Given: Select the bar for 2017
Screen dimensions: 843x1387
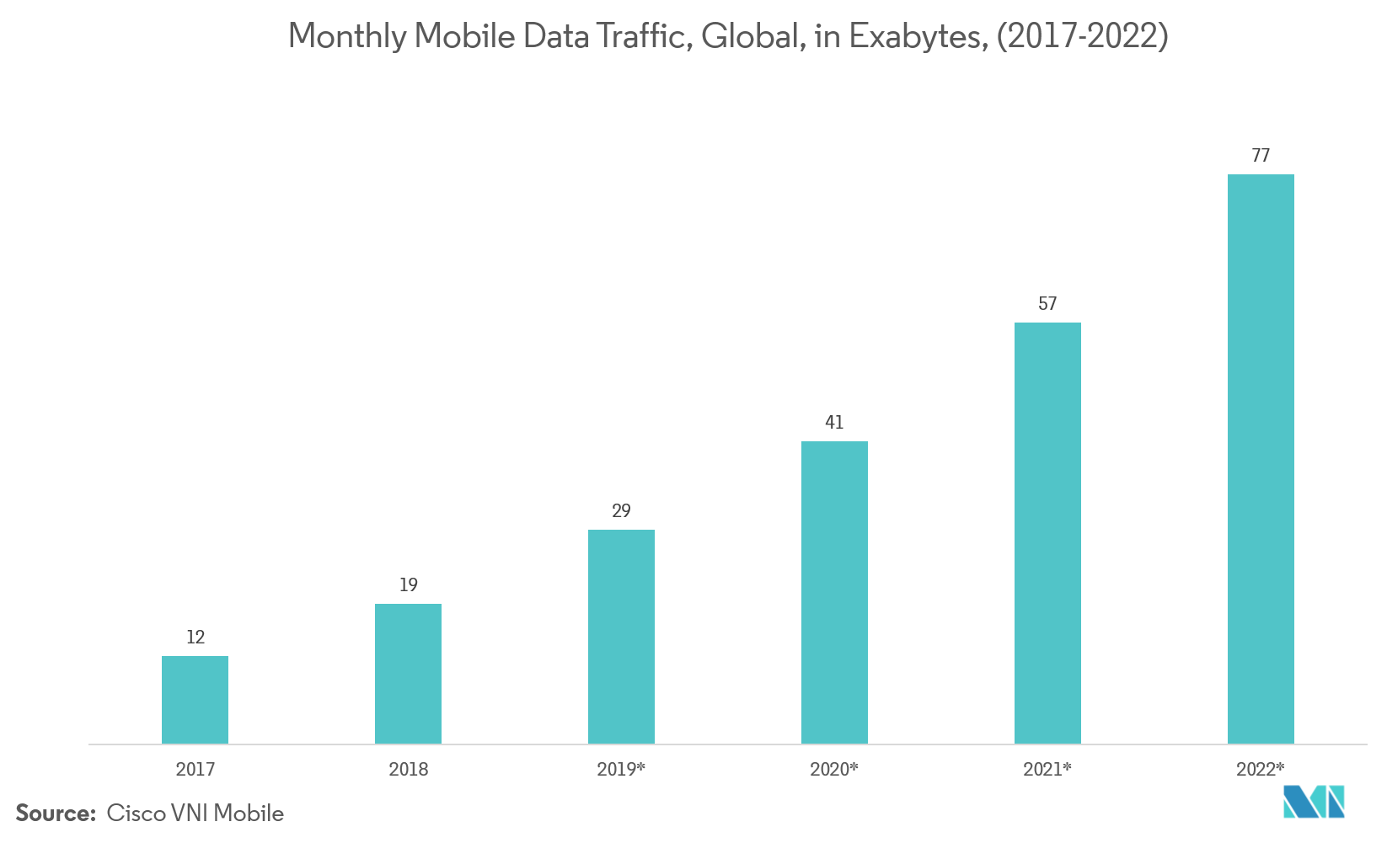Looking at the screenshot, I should click(195, 700).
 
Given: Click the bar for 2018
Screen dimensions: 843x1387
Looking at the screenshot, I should click(408, 674).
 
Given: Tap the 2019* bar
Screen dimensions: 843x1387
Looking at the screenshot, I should click(621, 637).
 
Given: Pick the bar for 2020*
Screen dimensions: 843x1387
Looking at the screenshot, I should click(834, 592).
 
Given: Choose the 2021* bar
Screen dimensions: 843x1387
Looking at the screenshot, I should click(1047, 533).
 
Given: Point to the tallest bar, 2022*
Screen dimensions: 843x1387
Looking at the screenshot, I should click(1261, 459).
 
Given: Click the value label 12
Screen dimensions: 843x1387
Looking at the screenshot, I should click(195, 637).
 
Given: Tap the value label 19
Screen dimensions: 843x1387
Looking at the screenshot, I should click(408, 584).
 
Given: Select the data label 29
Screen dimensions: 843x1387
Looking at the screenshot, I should click(621, 510).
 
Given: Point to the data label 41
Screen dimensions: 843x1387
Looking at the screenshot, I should click(834, 422).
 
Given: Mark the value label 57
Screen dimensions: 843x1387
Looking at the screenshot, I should click(1047, 303).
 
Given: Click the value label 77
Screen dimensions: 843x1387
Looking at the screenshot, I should click(1261, 155).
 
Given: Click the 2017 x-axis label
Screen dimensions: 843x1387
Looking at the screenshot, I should click(195, 769).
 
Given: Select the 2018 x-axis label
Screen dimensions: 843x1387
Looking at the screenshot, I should click(408, 769).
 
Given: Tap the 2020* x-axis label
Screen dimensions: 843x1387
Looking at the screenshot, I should click(834, 769).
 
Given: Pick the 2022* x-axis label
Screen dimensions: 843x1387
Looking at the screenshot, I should click(1261, 769).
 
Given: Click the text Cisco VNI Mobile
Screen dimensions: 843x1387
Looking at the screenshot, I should click(195, 814).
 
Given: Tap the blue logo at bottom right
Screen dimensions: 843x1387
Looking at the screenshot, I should click(1314, 801).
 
